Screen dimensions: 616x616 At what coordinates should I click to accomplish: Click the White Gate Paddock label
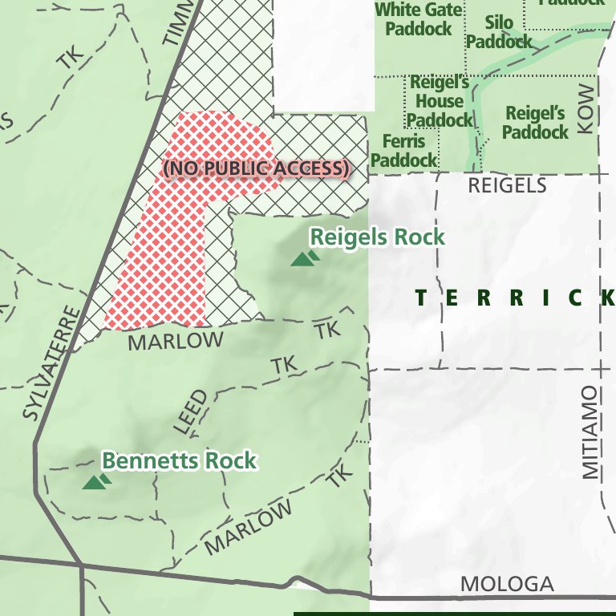[419, 19]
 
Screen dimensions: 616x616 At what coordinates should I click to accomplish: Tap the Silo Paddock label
[498, 32]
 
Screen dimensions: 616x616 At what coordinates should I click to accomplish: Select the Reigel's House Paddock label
[440, 101]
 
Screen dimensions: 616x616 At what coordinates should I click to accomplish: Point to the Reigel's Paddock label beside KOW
[535, 122]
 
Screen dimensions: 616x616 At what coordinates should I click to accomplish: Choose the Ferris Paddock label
[403, 151]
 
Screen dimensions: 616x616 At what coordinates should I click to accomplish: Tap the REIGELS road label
[507, 186]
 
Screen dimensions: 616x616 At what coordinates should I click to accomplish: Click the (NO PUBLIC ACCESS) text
[257, 168]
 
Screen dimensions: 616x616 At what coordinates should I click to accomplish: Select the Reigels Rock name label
[377, 237]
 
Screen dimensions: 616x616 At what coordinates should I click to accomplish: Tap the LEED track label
[191, 412]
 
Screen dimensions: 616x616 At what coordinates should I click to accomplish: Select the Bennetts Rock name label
[179, 461]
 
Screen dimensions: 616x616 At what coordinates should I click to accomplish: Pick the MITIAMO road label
[590, 432]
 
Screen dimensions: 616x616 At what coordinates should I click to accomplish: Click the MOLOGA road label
[507, 584]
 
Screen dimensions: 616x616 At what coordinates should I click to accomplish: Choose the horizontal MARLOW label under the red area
[176, 341]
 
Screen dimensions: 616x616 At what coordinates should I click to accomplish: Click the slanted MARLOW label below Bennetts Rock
[248, 529]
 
